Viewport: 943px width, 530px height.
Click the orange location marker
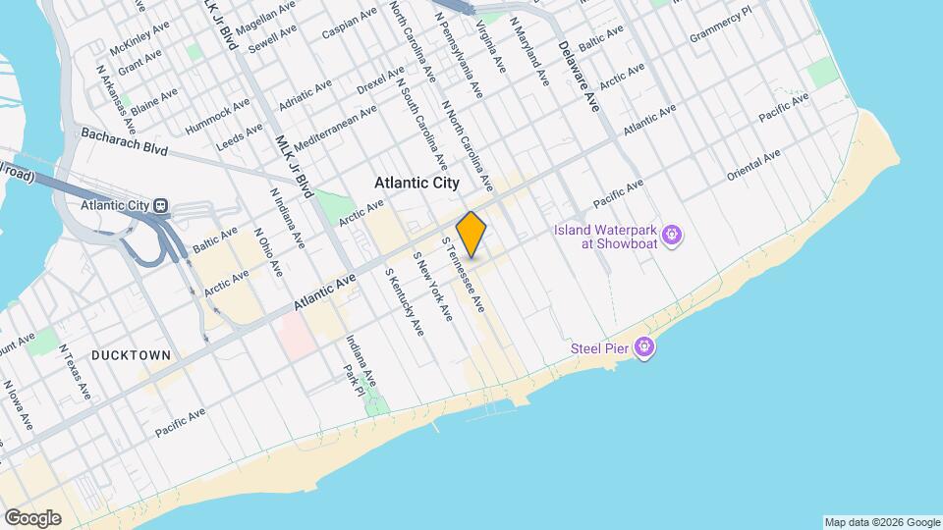click(471, 234)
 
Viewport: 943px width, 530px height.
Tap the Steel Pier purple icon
click(644, 346)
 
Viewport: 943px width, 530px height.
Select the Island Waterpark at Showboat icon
click(673, 235)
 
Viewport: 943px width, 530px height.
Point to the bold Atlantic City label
click(416, 184)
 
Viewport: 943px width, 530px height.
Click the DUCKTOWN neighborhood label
click(132, 355)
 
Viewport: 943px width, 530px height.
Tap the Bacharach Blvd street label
click(126, 142)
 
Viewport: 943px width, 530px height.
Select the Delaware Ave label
click(578, 76)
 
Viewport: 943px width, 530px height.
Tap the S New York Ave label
click(432, 287)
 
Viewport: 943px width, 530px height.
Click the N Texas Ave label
click(75, 371)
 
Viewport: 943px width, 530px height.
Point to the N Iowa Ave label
click(20, 403)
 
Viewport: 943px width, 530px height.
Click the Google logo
click(32, 517)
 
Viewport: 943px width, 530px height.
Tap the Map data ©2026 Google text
click(881, 522)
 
